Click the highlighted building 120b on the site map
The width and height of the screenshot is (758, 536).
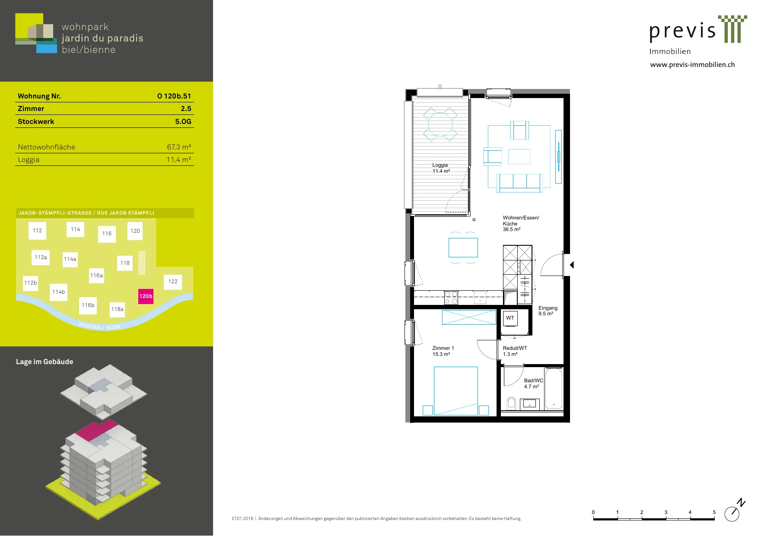[146, 296]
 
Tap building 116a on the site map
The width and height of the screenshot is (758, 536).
[96, 276]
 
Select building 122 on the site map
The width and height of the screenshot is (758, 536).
[173, 282]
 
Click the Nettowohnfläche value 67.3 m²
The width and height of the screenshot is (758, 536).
[179, 147]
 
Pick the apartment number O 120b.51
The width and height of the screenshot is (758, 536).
[174, 96]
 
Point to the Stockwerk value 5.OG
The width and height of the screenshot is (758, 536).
[183, 121]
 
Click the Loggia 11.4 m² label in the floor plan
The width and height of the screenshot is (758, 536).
[441, 168]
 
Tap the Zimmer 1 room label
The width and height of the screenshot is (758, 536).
[443, 351]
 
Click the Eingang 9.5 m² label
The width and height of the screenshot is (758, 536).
[548, 311]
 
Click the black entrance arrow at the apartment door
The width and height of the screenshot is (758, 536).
[572, 265]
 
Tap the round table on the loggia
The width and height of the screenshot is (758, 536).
[440, 124]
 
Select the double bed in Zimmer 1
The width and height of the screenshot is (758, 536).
[456, 391]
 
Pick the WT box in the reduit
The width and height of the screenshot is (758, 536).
[510, 318]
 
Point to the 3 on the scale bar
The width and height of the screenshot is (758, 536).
[666, 512]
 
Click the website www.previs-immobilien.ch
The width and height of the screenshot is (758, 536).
[692, 65]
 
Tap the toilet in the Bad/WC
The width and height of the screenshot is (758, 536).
[512, 403]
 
